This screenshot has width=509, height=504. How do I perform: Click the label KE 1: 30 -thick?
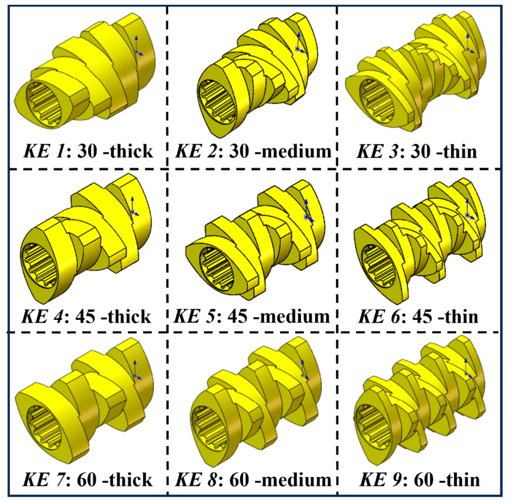pos(88,151)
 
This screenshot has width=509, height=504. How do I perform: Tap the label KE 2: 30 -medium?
pos(253,151)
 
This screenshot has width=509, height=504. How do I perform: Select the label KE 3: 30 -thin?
pos(417,151)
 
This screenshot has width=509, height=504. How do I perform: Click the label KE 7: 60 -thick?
pos(88,480)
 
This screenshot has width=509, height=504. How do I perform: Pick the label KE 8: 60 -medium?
pos(253,480)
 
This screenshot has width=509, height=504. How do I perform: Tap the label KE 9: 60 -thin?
pos(419,480)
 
